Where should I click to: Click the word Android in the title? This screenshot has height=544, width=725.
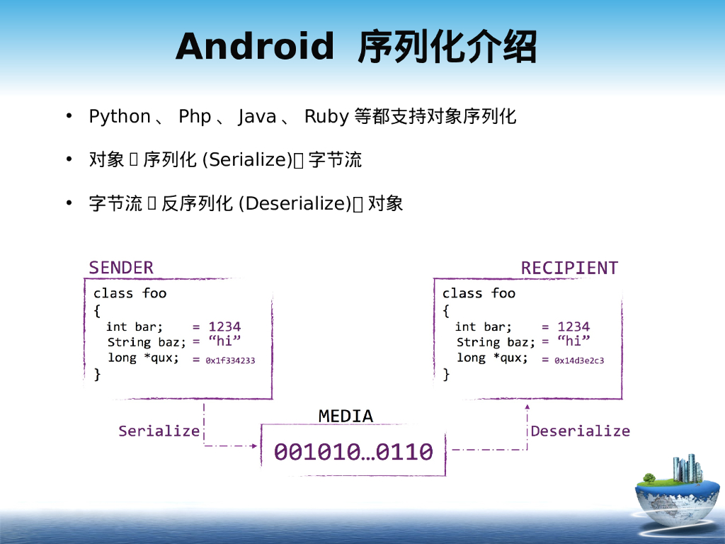coord(254,47)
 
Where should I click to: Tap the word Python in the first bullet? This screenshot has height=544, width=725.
coord(120,117)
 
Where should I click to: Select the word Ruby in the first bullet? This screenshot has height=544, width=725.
coord(326,117)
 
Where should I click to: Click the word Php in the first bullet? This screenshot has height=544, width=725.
coord(195,117)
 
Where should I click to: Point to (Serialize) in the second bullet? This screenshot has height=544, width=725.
coord(247,160)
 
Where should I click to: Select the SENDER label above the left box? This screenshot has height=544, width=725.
coord(121,268)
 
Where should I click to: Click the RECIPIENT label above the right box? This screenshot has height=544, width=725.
coord(569,268)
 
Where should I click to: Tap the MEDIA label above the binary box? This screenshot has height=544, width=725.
coord(346,416)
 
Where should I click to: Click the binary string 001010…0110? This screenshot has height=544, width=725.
coord(353,452)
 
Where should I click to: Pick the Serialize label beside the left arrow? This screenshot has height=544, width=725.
coord(159,431)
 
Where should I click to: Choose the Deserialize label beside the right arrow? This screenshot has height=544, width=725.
coord(580,431)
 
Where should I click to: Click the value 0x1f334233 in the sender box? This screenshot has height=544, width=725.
coord(230,361)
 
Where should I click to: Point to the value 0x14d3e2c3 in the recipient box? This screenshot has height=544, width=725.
coord(579,361)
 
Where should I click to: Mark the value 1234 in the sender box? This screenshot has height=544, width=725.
coord(224,327)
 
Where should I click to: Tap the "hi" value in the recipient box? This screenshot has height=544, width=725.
coord(573,341)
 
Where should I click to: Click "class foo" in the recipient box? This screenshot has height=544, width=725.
coord(479,293)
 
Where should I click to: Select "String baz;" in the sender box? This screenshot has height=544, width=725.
coord(147,342)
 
